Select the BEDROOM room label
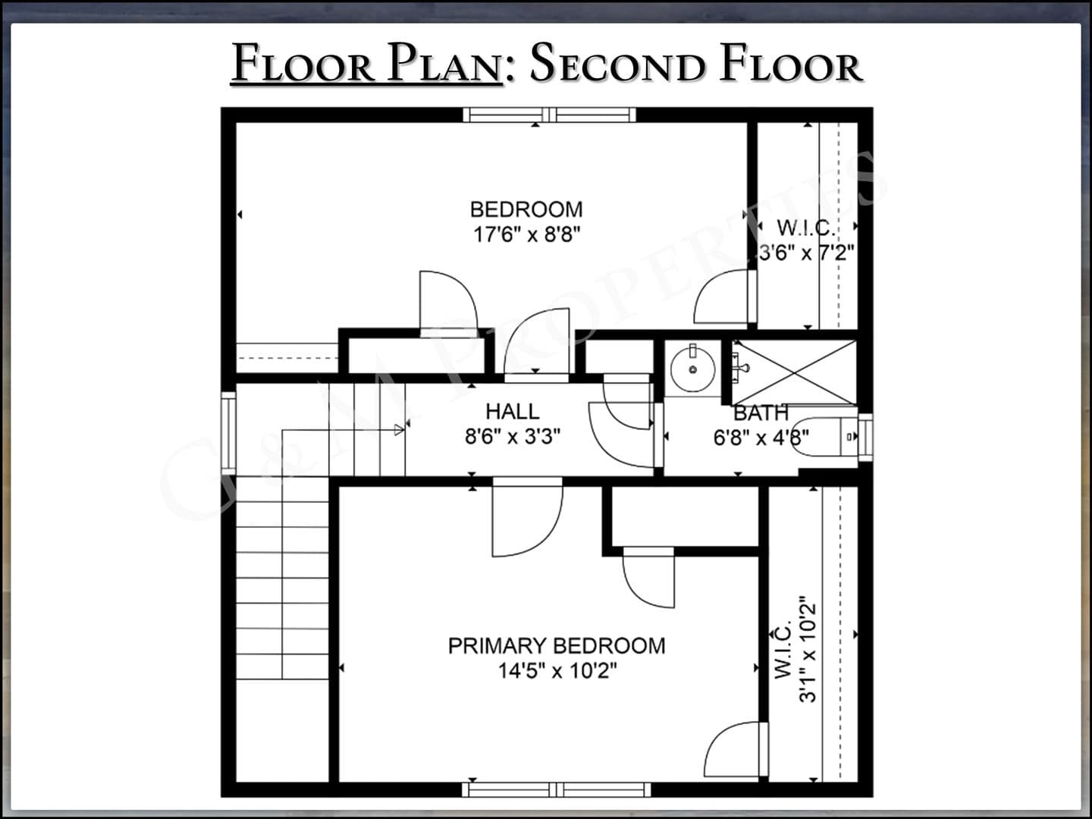[x=526, y=209]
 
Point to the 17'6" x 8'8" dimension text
[x=526, y=234]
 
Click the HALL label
[x=513, y=411]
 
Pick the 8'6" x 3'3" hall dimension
[x=513, y=437]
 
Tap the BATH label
[x=761, y=413]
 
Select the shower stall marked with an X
[x=794, y=372]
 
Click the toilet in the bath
[x=824, y=437]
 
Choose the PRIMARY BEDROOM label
[x=557, y=645]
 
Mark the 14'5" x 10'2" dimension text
[x=557, y=671]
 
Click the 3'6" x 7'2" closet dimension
[x=806, y=253]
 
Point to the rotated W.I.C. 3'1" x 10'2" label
[x=795, y=651]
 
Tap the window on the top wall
[x=549, y=115]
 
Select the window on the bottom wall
[x=556, y=789]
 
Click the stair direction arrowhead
[x=399, y=430]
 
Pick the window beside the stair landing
[x=228, y=433]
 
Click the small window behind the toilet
[x=866, y=437]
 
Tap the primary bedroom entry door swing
[x=527, y=517]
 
